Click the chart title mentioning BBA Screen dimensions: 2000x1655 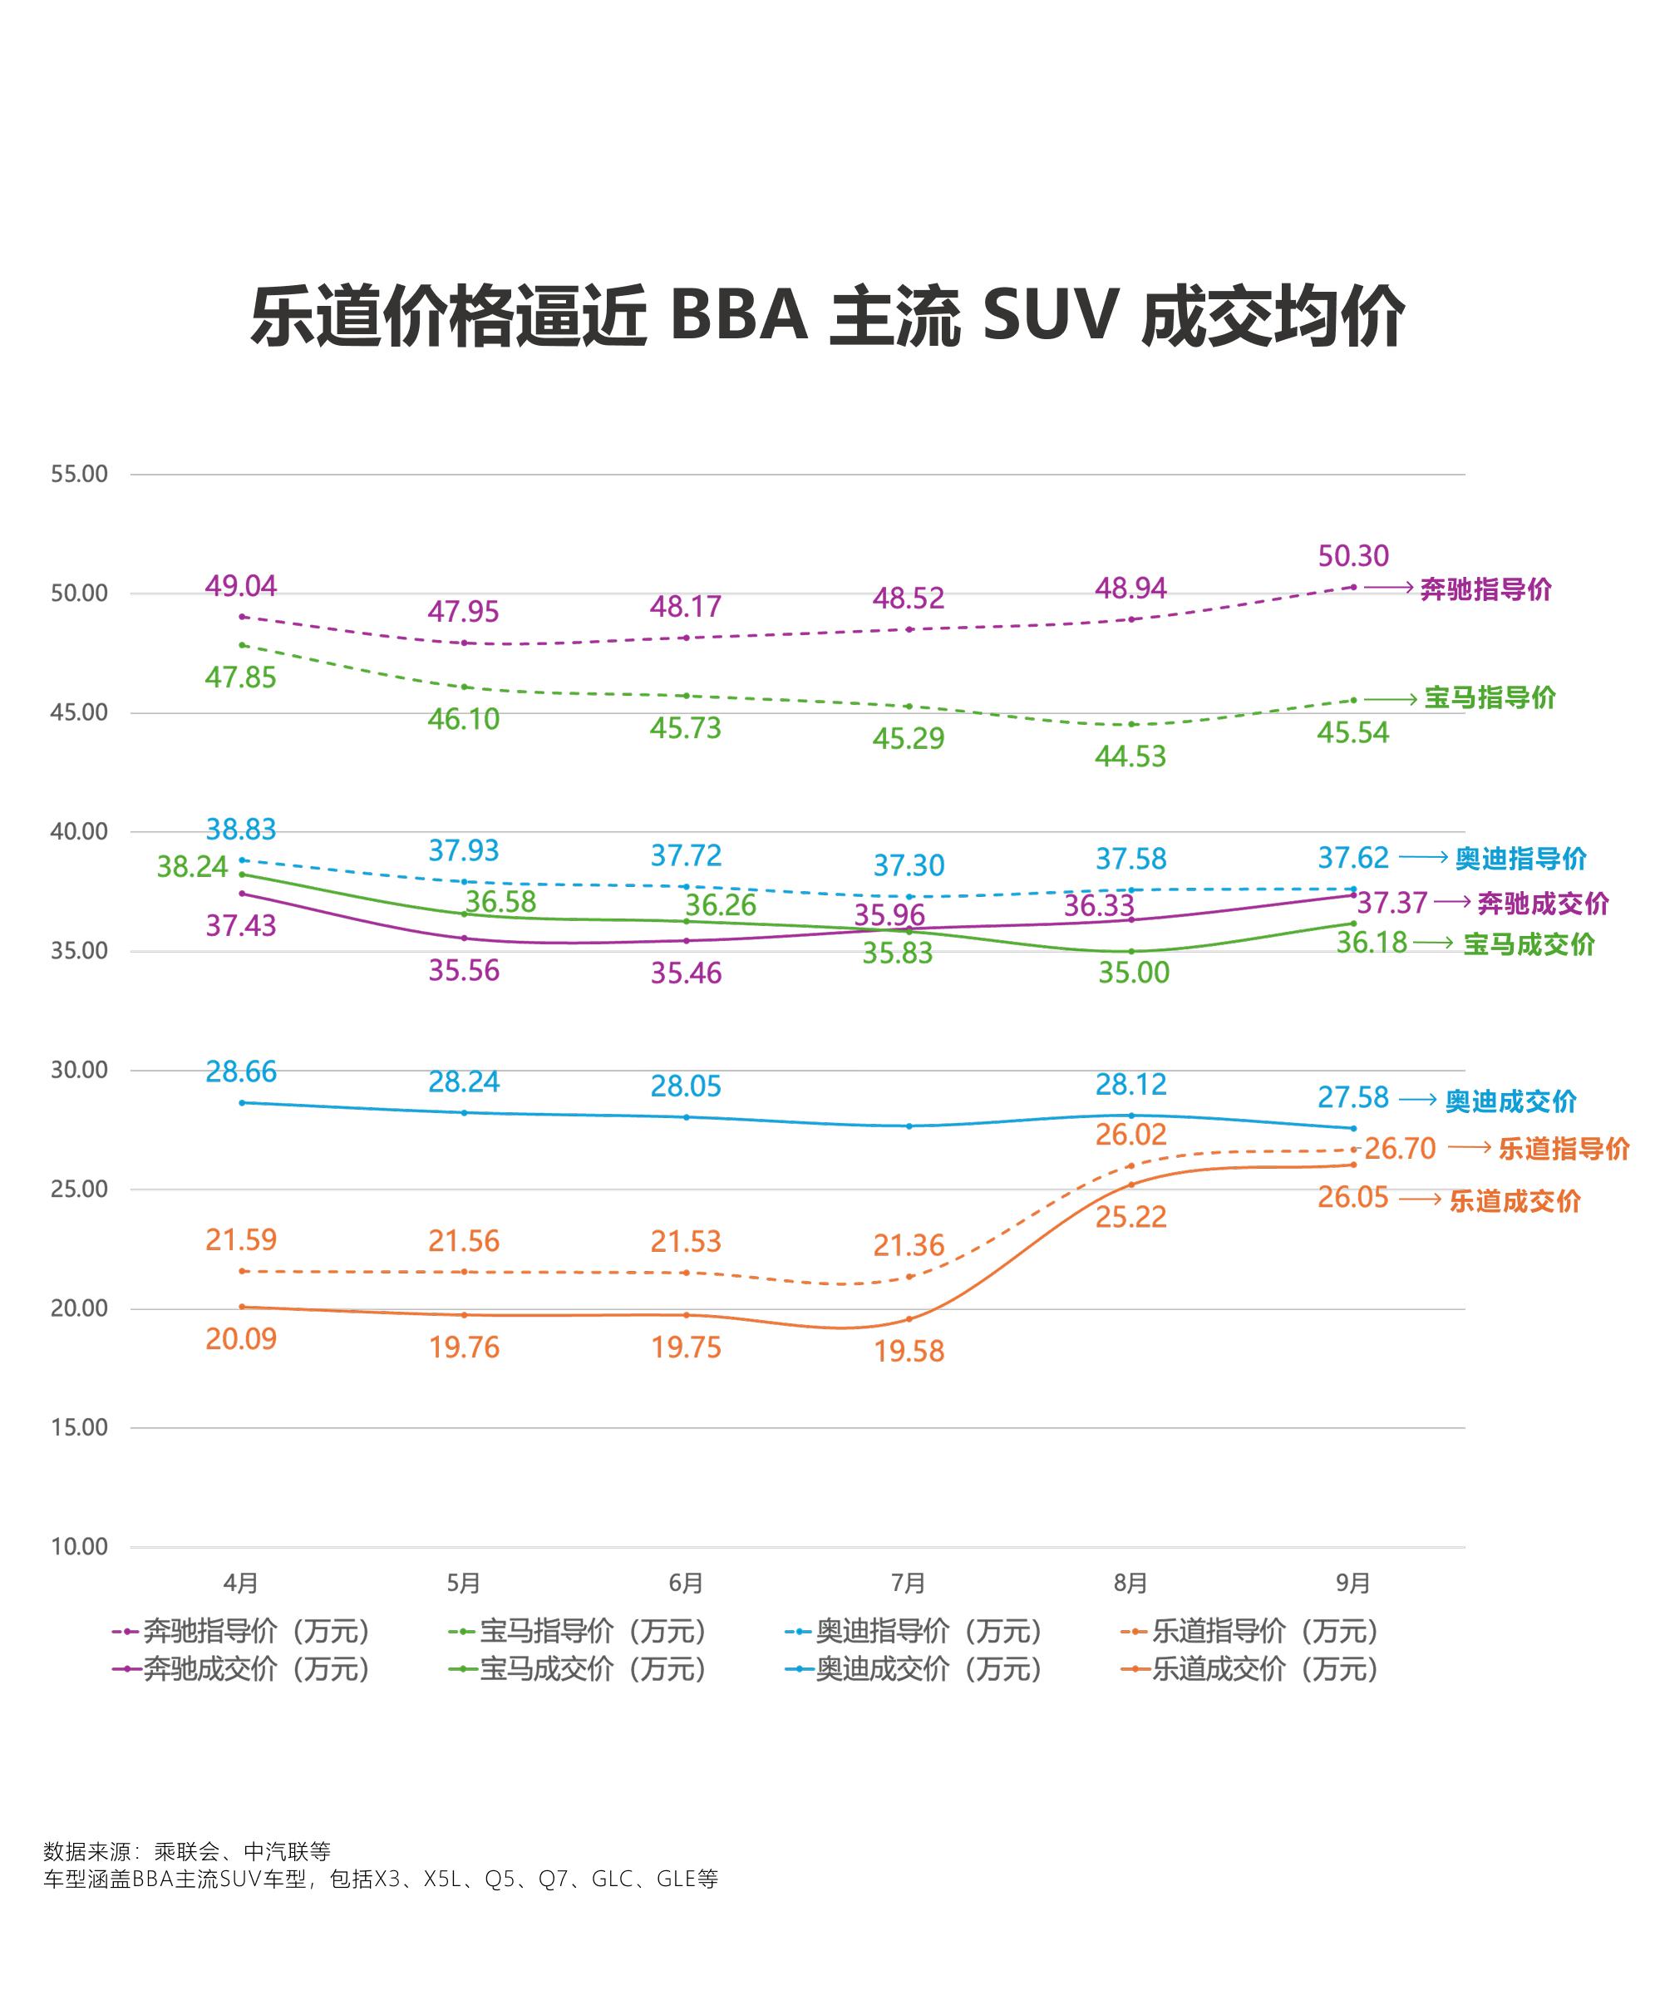[826, 315]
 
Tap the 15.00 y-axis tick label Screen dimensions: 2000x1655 [79, 1426]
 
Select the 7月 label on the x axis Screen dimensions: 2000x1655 [909, 1583]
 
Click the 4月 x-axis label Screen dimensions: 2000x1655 [241, 1583]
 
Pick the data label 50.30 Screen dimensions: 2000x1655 [1352, 555]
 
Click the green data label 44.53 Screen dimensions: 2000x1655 [1130, 756]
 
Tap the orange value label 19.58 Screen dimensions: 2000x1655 [909, 1351]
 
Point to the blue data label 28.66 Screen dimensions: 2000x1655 [241, 1071]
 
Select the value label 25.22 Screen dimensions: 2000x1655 [1130, 1216]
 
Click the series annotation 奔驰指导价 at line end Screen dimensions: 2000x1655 [1485, 589]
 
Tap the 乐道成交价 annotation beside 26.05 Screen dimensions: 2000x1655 [1514, 1201]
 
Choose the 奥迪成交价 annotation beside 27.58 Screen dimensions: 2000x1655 [1510, 1101]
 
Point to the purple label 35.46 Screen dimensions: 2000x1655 [686, 973]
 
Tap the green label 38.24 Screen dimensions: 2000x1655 [192, 867]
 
